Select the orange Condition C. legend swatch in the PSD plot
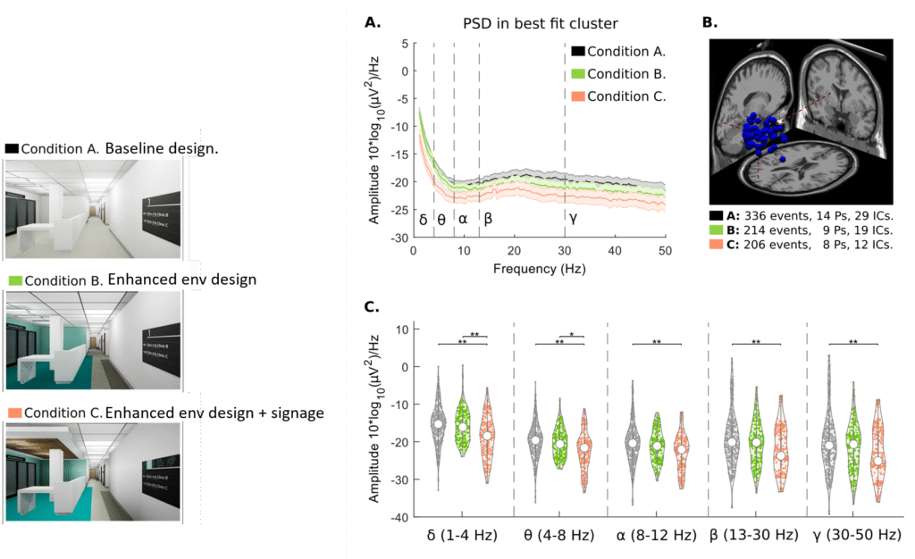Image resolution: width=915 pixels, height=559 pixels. [x=578, y=96]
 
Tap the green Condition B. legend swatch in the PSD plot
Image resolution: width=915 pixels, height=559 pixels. [x=578, y=74]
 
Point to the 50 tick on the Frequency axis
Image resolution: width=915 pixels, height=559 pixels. [x=666, y=252]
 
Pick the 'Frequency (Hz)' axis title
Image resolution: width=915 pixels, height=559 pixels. [x=537, y=267]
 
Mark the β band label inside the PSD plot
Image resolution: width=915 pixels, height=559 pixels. [x=489, y=216]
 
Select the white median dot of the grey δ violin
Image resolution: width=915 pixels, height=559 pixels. [x=438, y=424]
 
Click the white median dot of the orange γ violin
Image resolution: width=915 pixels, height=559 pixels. [x=878, y=462]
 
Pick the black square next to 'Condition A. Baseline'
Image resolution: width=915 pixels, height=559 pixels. [x=12, y=148]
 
